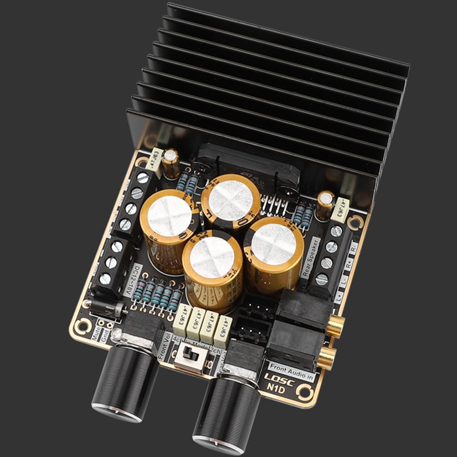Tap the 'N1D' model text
[x=276, y=391]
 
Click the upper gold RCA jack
[x=336, y=327]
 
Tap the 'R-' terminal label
[x=354, y=248]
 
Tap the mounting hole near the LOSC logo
[x=306, y=393]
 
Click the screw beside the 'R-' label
[x=336, y=232]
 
